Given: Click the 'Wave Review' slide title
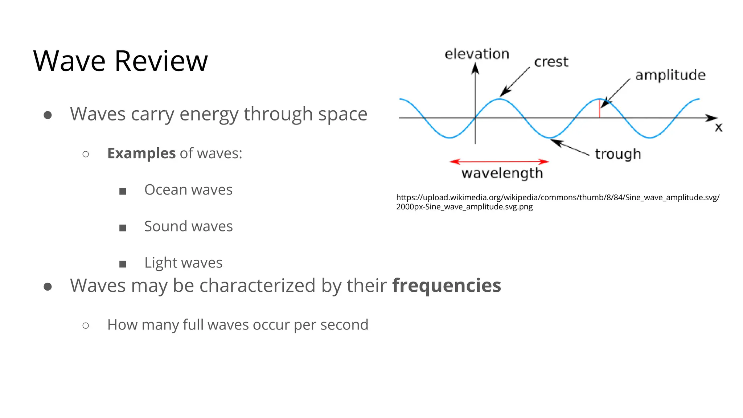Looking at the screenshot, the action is tap(120, 61).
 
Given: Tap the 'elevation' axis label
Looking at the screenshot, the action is tap(477, 54).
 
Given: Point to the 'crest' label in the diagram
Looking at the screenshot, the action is tap(551, 62).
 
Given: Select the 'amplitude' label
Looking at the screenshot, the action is tap(670, 75).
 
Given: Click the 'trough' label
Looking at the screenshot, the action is tap(618, 154).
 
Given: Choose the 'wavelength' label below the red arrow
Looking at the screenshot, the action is tap(502, 173).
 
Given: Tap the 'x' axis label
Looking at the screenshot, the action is tap(718, 127).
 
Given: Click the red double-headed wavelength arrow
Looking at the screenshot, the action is tap(499, 161).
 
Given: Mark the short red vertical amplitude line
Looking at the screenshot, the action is tap(599, 109).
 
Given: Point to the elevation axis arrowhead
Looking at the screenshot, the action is tap(475, 68).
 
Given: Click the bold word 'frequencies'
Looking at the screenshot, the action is tap(447, 285).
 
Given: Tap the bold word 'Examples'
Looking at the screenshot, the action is tap(141, 153).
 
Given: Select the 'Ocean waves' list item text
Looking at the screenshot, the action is tap(188, 190).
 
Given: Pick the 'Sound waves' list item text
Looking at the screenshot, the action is tap(188, 226).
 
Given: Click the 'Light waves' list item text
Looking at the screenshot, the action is tap(183, 263).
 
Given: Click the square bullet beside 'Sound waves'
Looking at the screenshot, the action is tap(123, 228).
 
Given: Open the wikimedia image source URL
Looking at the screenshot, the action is tap(558, 202).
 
